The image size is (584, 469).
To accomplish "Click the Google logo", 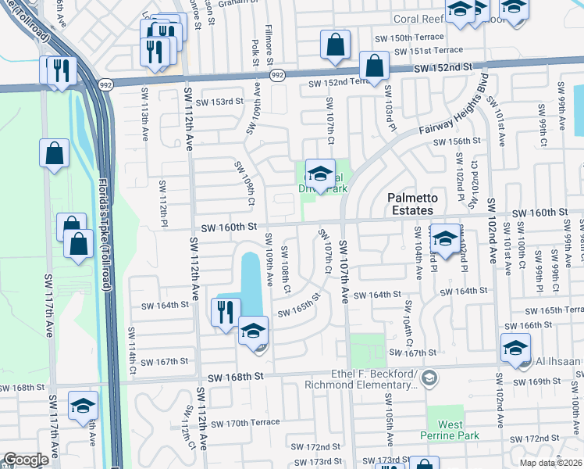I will [26, 460].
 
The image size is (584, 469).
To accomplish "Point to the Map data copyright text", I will [551, 463].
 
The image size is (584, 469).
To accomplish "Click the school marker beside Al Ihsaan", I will [515, 348].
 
